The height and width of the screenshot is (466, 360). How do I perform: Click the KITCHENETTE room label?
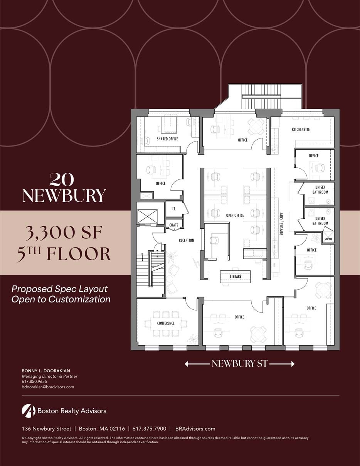pyautogui.click(x=301, y=130)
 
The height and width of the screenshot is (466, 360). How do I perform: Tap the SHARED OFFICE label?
pyautogui.click(x=167, y=139)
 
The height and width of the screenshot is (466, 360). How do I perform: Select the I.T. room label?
pyautogui.click(x=174, y=209)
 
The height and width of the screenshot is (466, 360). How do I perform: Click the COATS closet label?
pyautogui.click(x=174, y=225)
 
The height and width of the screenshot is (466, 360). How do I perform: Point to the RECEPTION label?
pyautogui.click(x=187, y=240)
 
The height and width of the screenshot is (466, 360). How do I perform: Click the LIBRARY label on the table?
pyautogui.click(x=236, y=277)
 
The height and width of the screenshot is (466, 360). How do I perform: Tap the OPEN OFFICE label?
pyautogui.click(x=235, y=215)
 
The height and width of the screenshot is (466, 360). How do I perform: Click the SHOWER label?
pyautogui.click(x=328, y=239)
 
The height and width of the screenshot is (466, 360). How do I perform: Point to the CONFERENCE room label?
pyautogui.click(x=166, y=323)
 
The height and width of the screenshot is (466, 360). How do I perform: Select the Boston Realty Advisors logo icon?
pyautogui.click(x=29, y=411)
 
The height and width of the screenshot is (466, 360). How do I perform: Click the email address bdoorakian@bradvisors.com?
pyautogui.click(x=48, y=387)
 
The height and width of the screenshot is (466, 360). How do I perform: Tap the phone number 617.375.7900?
pyautogui.click(x=149, y=429)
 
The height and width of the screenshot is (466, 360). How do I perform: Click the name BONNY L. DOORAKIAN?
pyautogui.click(x=46, y=371)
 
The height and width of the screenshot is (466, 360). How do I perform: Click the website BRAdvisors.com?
pyautogui.click(x=195, y=429)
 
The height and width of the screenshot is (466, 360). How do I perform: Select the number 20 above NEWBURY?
pyautogui.click(x=62, y=179)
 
